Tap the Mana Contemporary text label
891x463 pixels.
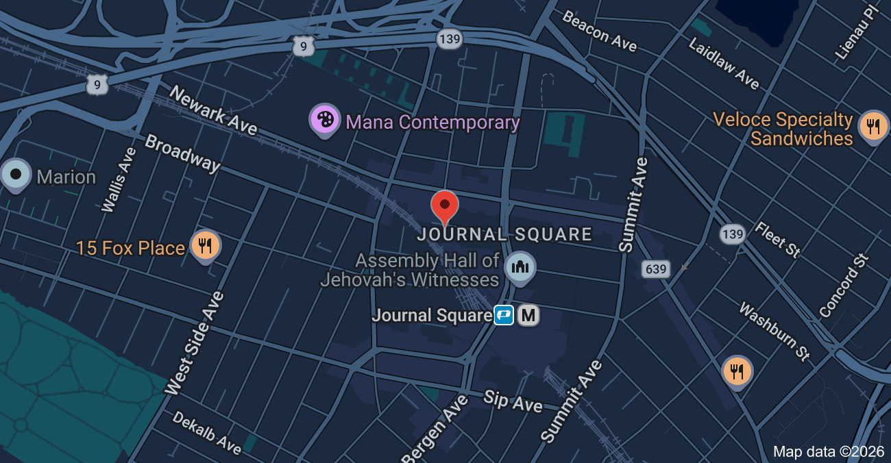[432, 123]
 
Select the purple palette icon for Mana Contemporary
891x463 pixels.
[325, 120]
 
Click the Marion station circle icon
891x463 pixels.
[15, 175]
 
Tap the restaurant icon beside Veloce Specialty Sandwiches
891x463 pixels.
[873, 127]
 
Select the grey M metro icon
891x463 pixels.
[528, 316]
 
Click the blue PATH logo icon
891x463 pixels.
[504, 316]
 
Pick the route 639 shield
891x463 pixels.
[656, 269]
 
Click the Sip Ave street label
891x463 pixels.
[513, 401]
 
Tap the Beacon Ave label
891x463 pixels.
[599, 30]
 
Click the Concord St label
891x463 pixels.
[844, 286]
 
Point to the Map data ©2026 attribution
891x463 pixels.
[829, 451]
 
